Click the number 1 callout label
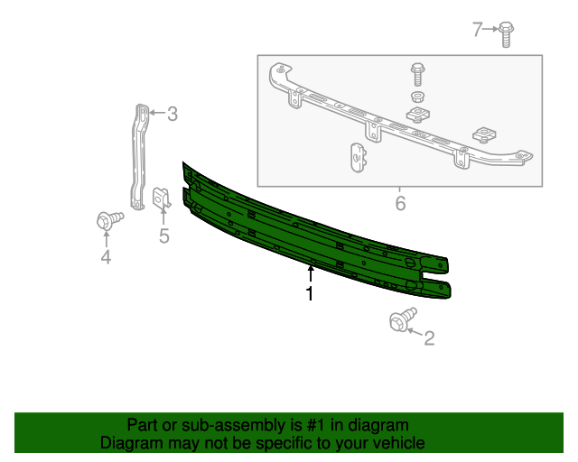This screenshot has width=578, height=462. coord(310,294)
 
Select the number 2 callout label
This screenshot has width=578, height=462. coord(429,338)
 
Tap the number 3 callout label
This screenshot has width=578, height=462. coord(172,114)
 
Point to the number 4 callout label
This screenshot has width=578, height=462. coord(106,258)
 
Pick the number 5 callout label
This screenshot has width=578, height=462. coord(164,236)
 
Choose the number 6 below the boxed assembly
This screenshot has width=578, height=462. coord(400,204)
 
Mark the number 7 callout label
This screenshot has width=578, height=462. coord(479,30)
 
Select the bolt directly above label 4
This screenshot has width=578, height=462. coord(107,219)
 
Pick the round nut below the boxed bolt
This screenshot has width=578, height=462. coord(417,96)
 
